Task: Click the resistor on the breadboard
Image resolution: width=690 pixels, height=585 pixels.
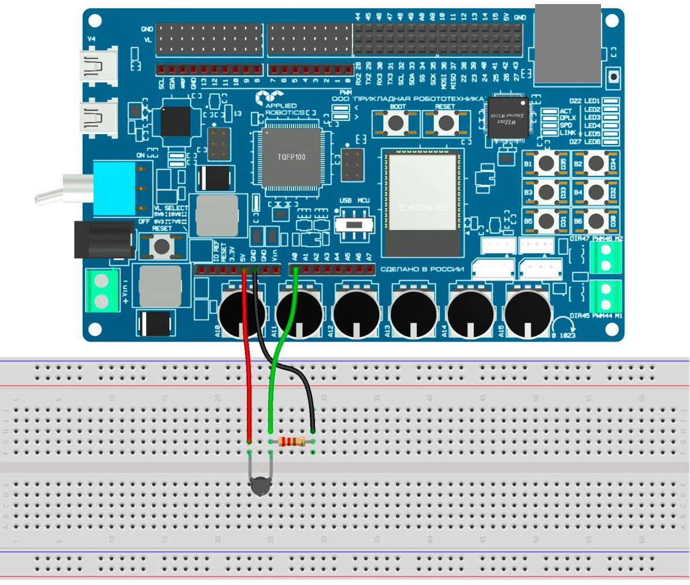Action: pos(292,442)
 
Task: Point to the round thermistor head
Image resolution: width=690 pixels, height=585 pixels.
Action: pos(261,487)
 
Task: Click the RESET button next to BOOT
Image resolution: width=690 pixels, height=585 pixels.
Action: pos(445,123)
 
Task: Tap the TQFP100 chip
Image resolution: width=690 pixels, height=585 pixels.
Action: pos(292,157)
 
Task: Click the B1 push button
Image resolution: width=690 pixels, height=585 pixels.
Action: pos(546,164)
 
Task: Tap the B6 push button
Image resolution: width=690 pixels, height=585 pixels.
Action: pos(595,221)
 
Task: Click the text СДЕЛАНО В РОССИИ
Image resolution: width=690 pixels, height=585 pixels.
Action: pos(422,269)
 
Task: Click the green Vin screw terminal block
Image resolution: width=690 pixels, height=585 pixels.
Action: pos(102,291)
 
